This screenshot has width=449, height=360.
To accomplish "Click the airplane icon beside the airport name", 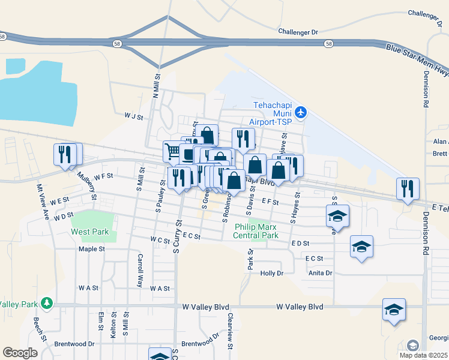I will pos(301,112).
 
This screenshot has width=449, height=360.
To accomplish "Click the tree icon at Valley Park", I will pos(48,304).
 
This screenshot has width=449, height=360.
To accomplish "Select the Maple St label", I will pos(92,248).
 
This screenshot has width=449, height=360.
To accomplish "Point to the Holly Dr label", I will pos(271,274).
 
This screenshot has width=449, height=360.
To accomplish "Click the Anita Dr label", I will pos(320,274).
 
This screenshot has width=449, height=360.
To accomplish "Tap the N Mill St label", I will pos(156,86).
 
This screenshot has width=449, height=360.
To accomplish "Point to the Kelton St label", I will pos(112,325).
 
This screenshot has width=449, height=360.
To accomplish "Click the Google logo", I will pos(20,353).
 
